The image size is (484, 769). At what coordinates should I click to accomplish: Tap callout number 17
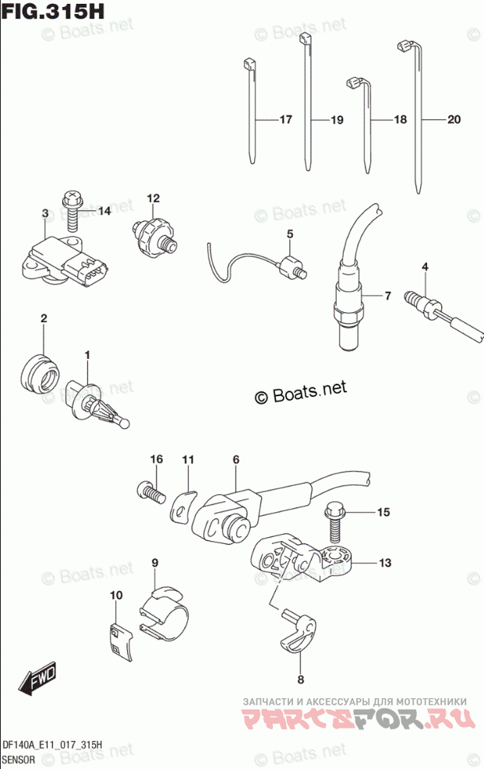coord(284,120)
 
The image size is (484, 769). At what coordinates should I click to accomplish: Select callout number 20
coord(454,120)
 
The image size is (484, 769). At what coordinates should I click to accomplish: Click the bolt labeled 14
coord(71,208)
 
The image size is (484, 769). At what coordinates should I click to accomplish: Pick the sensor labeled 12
coord(152,231)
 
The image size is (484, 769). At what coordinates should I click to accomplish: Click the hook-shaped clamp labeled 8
coord(298,629)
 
